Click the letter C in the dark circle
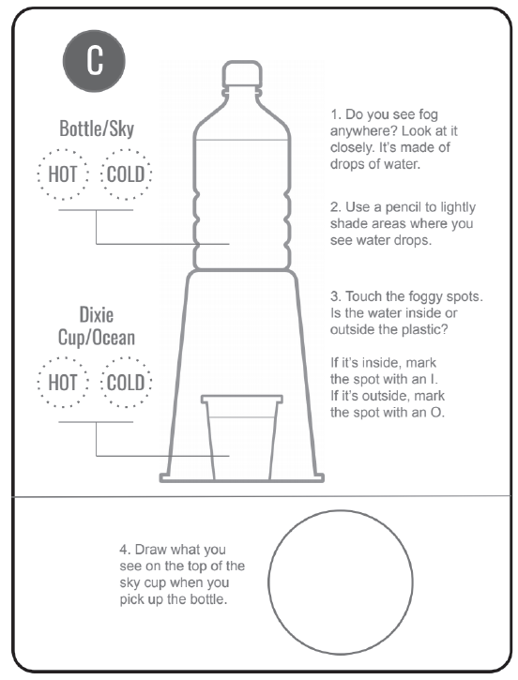(95, 60)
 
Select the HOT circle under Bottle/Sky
(63, 174)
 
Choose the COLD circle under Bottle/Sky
(126, 174)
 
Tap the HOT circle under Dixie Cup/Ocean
(63, 383)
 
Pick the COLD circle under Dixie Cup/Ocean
(126, 383)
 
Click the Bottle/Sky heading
(97, 128)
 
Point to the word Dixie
(97, 315)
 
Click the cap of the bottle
(242, 74)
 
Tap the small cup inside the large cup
(242, 437)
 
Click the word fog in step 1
(428, 115)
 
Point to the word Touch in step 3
(363, 296)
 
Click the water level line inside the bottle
(242, 140)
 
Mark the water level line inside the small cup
(242, 417)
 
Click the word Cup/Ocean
(97, 338)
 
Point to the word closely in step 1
(351, 148)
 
